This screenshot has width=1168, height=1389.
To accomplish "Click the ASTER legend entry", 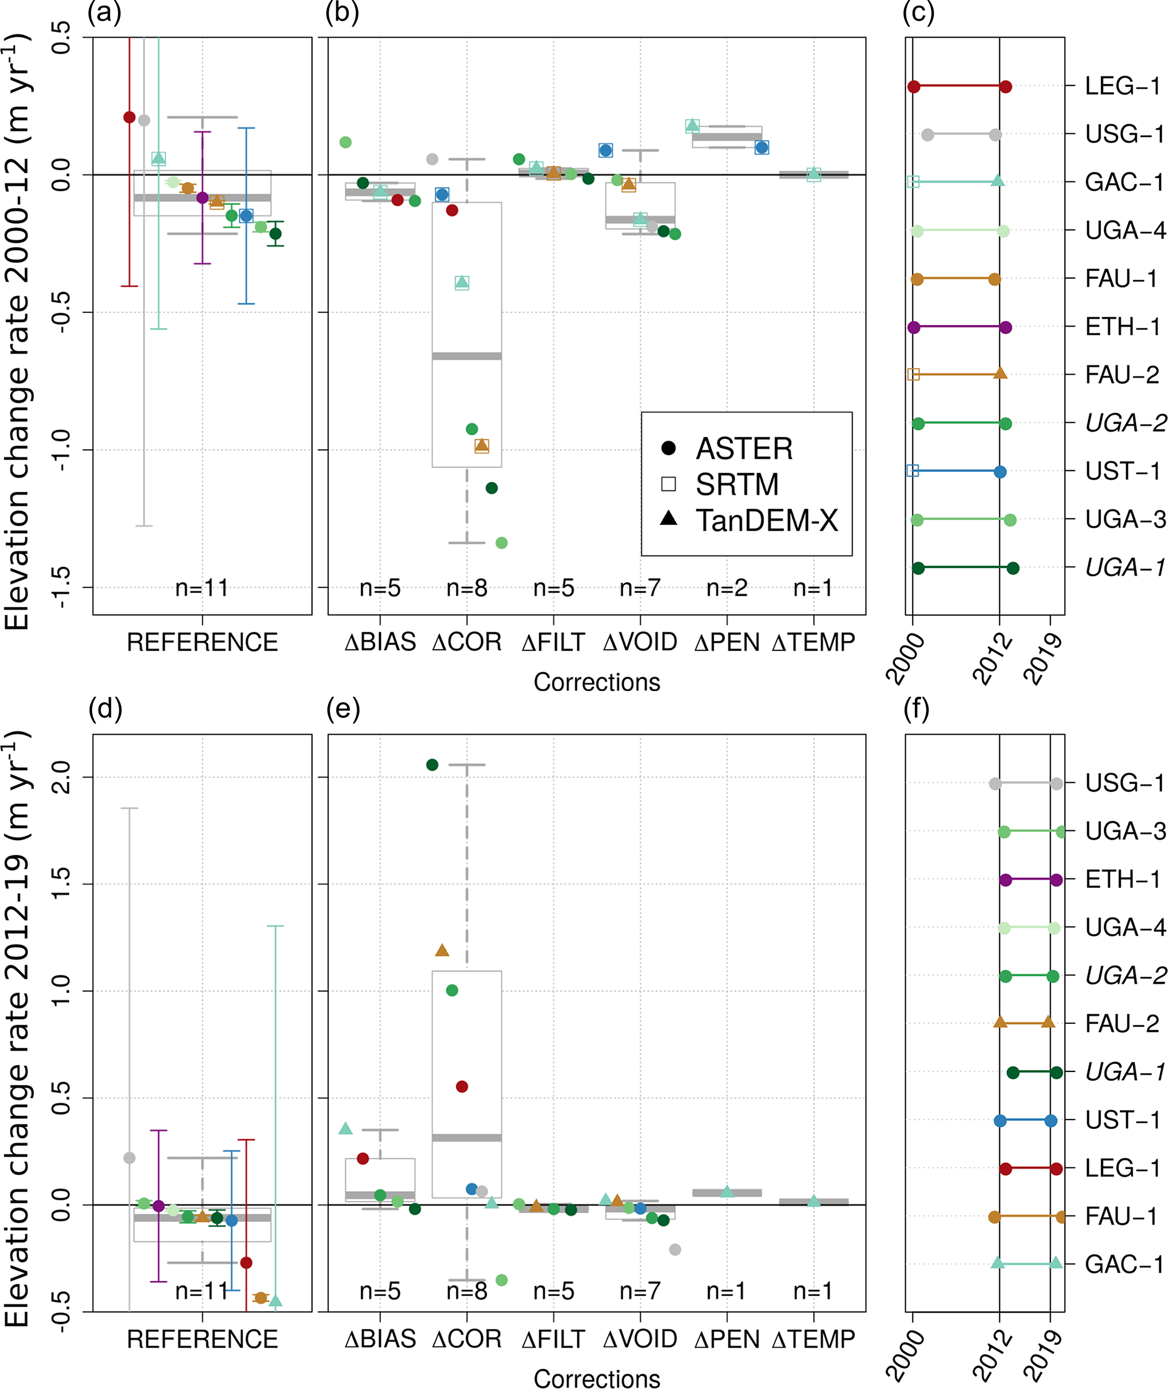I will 744,449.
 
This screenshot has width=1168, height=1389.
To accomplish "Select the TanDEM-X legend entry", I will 766,521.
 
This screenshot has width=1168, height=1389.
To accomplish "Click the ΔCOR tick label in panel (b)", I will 467,642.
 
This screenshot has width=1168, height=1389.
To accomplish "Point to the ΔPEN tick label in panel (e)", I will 726,1339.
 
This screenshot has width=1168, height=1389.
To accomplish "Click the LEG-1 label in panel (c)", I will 1123,86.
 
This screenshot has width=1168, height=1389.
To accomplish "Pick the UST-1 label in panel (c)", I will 1123,471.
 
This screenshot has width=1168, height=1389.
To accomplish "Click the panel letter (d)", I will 105,709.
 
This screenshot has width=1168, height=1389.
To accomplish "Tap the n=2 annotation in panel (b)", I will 726,588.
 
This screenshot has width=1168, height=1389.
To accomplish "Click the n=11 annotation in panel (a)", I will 202,588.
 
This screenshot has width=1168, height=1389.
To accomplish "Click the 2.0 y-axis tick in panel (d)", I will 60,776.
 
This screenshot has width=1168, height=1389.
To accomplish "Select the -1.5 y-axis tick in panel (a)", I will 60,587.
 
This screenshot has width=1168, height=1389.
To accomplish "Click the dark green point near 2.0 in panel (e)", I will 432,765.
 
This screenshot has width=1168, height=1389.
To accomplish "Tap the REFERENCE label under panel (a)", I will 202,642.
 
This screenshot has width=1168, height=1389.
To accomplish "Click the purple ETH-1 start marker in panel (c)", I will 914,327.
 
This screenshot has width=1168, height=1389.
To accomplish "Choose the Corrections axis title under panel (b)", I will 597,682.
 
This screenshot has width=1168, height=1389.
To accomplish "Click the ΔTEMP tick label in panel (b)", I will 814,642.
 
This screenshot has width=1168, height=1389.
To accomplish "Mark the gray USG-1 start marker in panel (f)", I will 995,783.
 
